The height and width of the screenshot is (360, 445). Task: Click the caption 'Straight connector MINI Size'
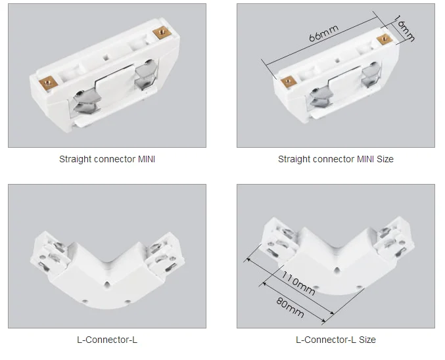click(x=335, y=159)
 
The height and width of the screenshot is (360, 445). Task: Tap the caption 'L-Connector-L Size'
click(x=335, y=340)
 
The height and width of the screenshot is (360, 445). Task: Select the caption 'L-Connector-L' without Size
click(x=107, y=340)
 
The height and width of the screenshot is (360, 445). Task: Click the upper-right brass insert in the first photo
click(x=158, y=33)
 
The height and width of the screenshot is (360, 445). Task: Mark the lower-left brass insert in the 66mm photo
click(x=287, y=82)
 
